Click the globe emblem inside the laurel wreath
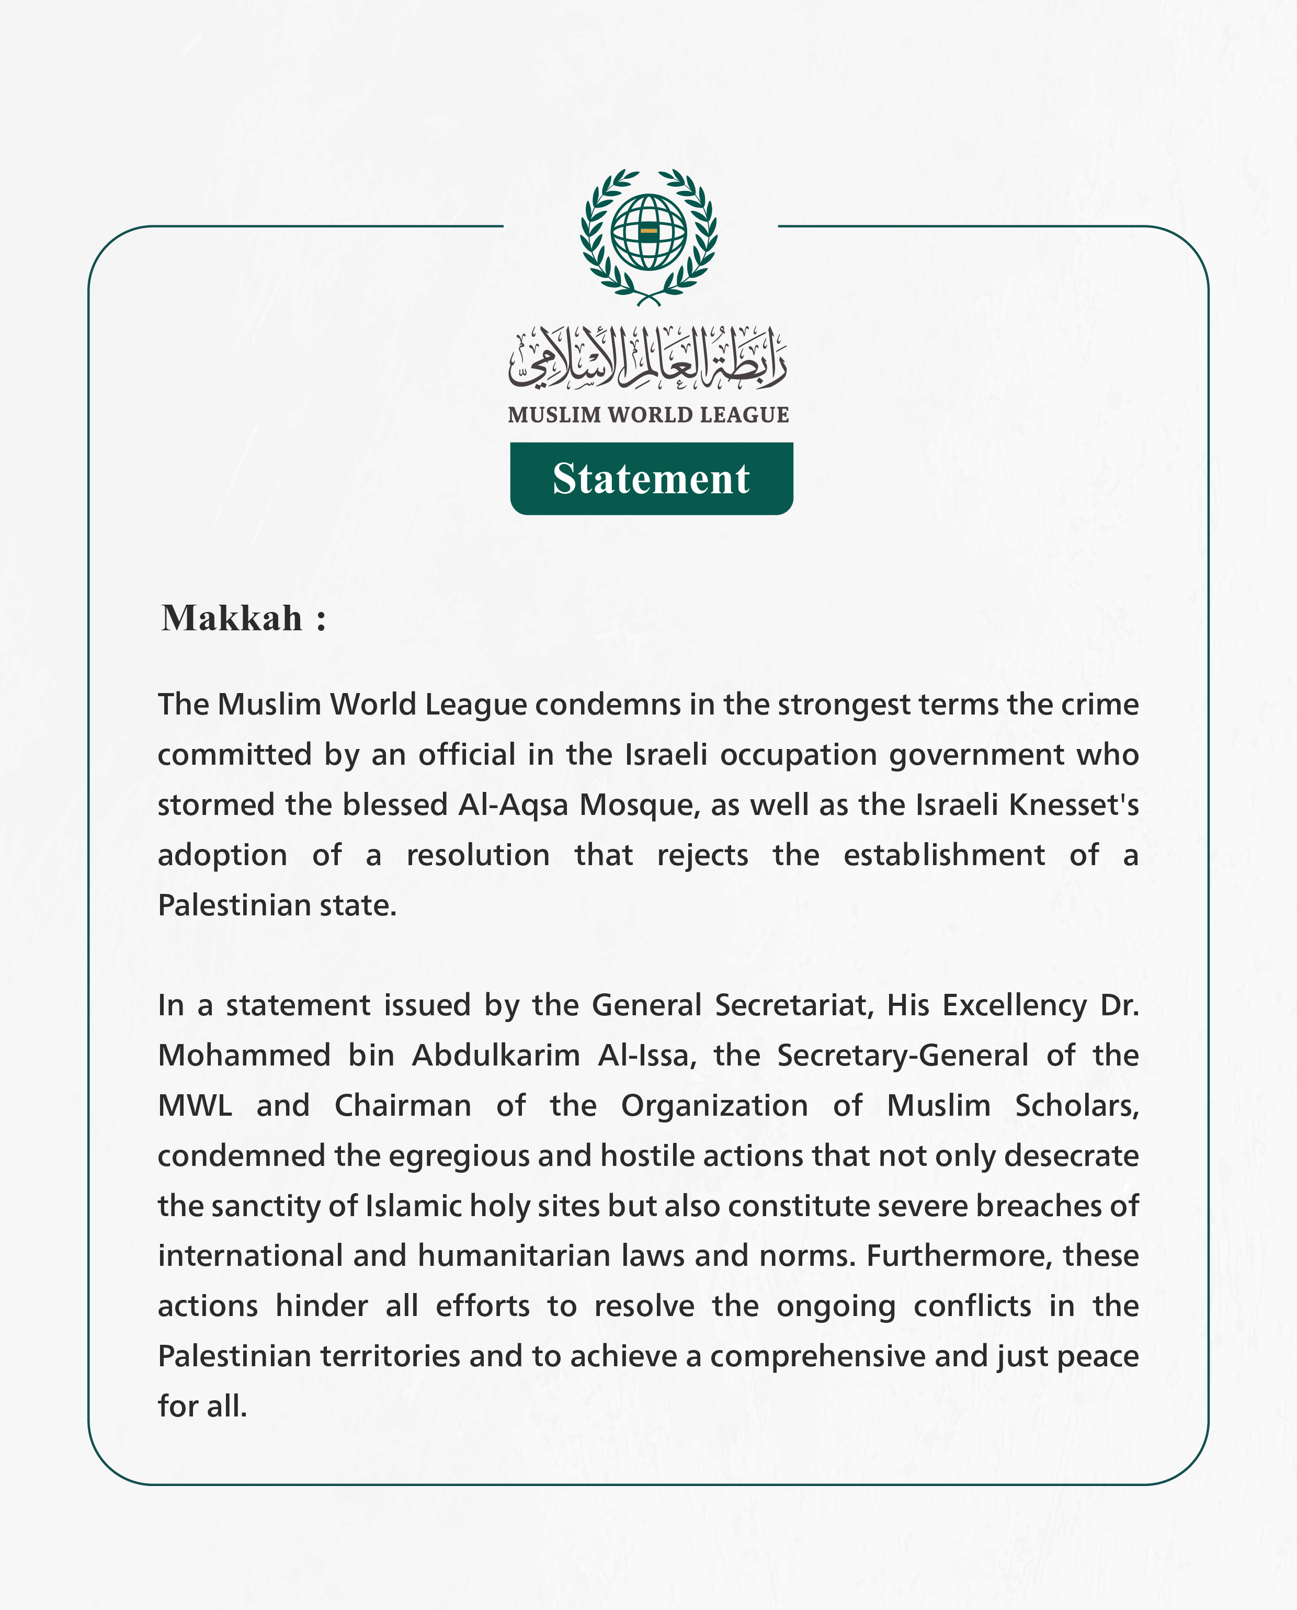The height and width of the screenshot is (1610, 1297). point(648,232)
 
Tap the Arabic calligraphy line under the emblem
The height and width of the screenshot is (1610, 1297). point(648,359)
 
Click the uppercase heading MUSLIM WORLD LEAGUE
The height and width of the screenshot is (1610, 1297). point(648,415)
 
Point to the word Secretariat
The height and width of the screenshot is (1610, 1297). point(793,1006)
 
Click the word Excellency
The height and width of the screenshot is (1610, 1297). point(1014,1006)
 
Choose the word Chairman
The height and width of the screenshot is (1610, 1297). point(403,1106)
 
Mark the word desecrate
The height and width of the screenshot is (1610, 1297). point(1072,1156)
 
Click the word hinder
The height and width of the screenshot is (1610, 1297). point(321,1306)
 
